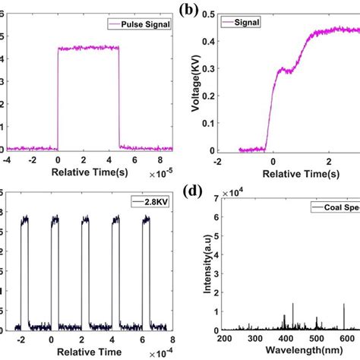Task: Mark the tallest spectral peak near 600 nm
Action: click(343, 304)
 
